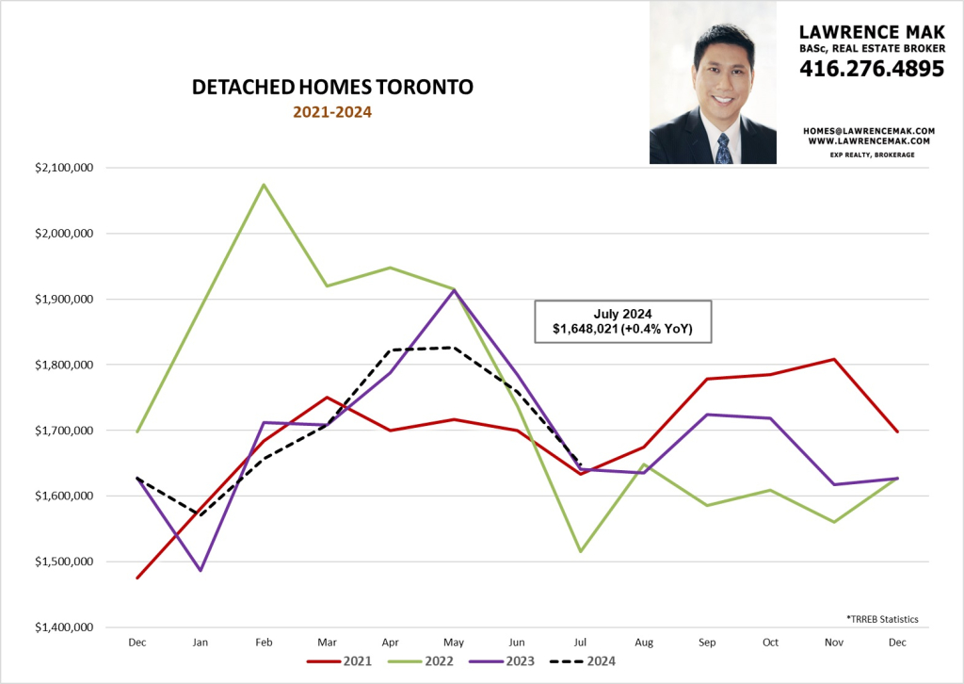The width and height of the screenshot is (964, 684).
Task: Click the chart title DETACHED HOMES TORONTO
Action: [x=332, y=88]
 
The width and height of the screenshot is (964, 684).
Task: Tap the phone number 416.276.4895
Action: [x=871, y=68]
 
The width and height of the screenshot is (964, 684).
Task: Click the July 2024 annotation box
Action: [x=623, y=322]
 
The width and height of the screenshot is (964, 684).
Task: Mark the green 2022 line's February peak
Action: [x=264, y=184]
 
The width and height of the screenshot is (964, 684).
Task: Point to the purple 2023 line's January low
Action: [x=201, y=570]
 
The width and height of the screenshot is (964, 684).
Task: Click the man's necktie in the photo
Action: [x=723, y=147]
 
